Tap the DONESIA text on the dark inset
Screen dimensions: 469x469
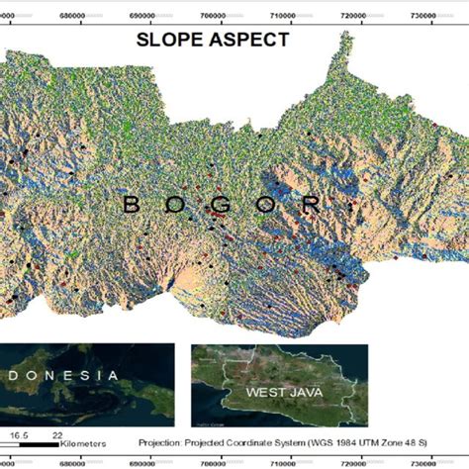click(x=59, y=375)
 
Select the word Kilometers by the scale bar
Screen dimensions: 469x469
click(x=83, y=444)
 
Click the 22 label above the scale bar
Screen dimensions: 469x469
click(x=56, y=433)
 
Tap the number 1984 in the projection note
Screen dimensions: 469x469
click(x=359, y=443)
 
